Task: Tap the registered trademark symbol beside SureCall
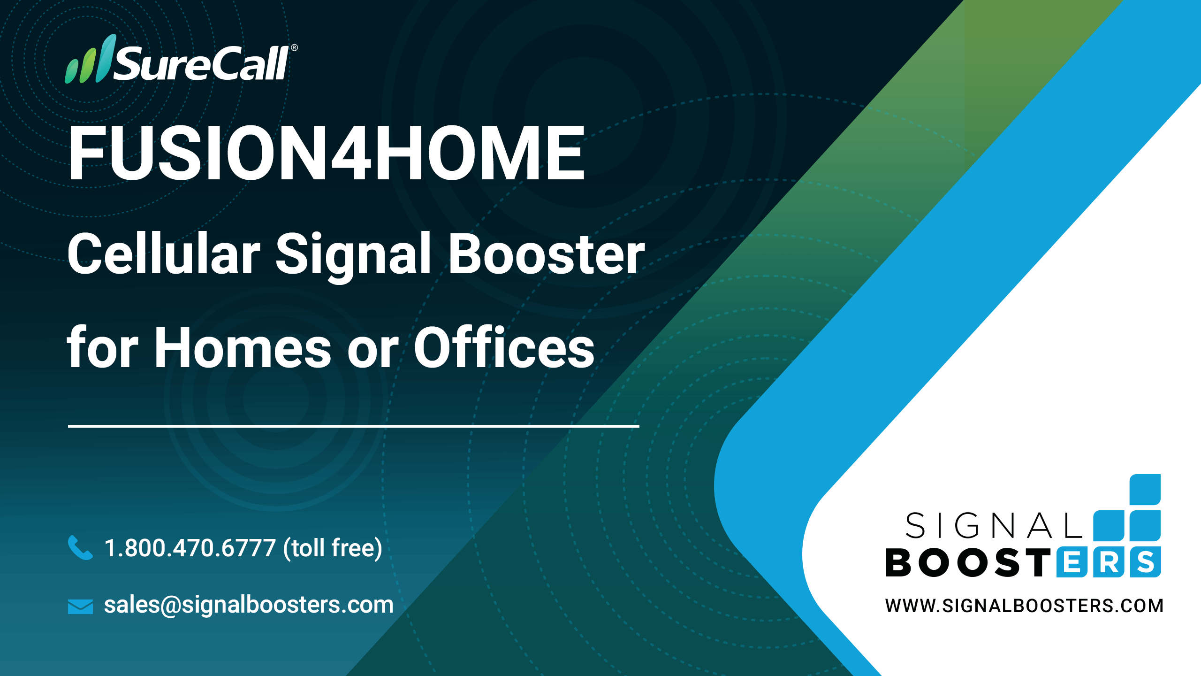[294, 47]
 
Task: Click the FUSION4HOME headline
[327, 153]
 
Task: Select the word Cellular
[164, 253]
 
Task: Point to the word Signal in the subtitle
[353, 257]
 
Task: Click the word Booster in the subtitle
[547, 253]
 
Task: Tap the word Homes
[243, 347]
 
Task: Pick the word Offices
[504, 346]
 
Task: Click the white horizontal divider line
[354, 426]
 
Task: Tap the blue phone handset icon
[80, 547]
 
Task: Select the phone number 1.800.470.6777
[190, 548]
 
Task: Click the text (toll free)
[333, 548]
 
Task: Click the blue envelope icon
[80, 606]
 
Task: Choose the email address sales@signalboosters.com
[249, 605]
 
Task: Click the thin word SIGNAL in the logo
[994, 526]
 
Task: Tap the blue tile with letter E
[1072, 562]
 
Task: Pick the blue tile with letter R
[1109, 562]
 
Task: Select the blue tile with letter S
[1146, 562]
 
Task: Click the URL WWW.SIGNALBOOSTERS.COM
[1024, 606]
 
